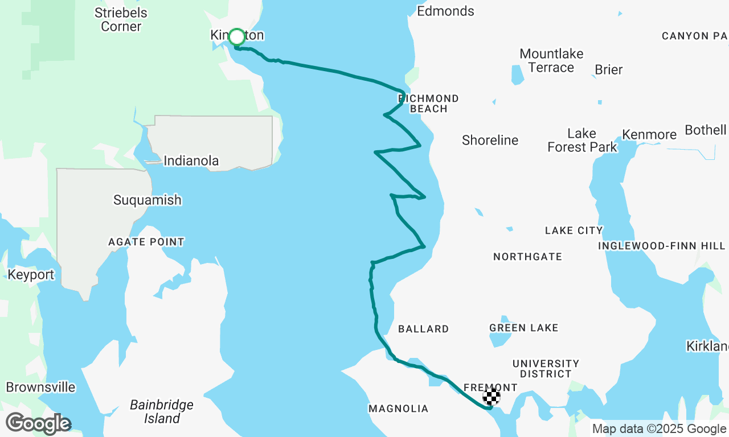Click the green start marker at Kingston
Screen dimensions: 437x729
pyautogui.click(x=236, y=37)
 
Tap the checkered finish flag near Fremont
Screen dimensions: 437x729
pyautogui.click(x=492, y=397)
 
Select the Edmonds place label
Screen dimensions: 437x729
pyautogui.click(x=445, y=11)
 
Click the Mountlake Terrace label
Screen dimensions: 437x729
pyautogui.click(x=551, y=60)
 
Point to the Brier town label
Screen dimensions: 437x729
pyautogui.click(x=608, y=69)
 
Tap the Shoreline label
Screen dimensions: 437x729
pyautogui.click(x=490, y=140)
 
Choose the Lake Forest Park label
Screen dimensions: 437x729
pyautogui.click(x=581, y=140)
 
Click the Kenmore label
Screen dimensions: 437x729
pyautogui.click(x=649, y=135)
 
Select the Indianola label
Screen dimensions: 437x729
pyautogui.click(x=191, y=161)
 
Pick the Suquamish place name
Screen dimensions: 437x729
pyautogui.click(x=147, y=200)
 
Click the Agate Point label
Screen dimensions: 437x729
pyautogui.click(x=146, y=242)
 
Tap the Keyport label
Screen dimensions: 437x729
pyautogui.click(x=31, y=275)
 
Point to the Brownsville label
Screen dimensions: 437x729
pyautogui.click(x=40, y=387)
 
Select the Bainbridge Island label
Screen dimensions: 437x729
pyautogui.click(x=162, y=412)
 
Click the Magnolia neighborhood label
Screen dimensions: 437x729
pyautogui.click(x=398, y=409)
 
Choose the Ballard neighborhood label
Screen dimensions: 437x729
pyautogui.click(x=423, y=329)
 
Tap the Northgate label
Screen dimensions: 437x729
pyautogui.click(x=527, y=257)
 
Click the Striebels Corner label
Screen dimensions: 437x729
pyautogui.click(x=121, y=19)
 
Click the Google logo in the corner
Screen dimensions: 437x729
pyautogui.click(x=38, y=423)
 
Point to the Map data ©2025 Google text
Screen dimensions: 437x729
pyautogui.click(x=659, y=429)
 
